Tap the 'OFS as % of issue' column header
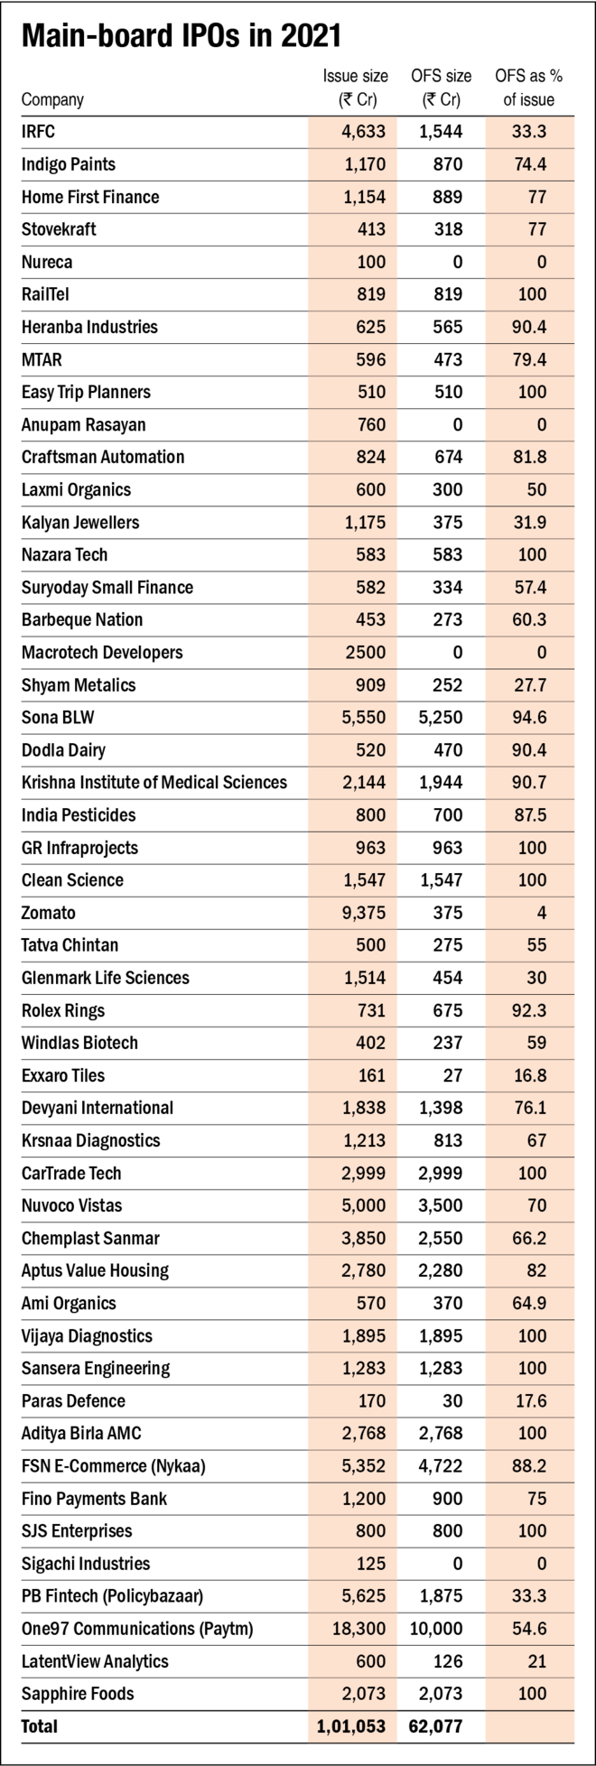coord(529,88)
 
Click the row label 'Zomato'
coord(50,912)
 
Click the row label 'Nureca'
coord(47,262)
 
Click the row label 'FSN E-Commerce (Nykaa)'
coord(114,1466)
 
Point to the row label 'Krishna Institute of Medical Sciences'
coord(154,782)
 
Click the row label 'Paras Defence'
coord(73,1401)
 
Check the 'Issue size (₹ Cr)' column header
coord(356,88)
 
